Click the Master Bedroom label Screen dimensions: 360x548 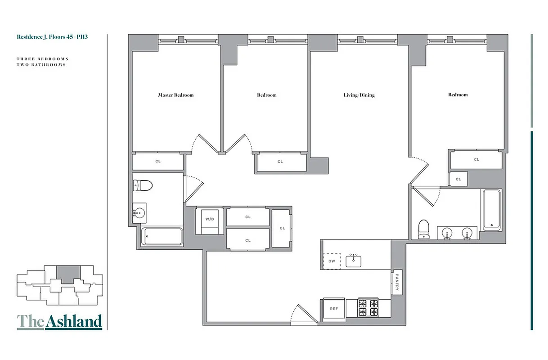(x=175, y=95)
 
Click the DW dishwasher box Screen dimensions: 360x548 (x=332, y=261)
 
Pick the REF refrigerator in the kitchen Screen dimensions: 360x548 (x=334, y=309)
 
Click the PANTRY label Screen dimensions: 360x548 (x=397, y=282)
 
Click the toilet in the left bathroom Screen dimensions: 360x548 (x=144, y=185)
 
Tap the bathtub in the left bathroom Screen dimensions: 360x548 (x=162, y=236)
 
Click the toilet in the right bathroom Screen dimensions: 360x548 (x=423, y=229)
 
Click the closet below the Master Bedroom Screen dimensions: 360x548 (x=158, y=161)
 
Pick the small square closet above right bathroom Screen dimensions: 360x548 (x=458, y=179)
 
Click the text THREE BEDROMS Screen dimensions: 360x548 (x=42, y=59)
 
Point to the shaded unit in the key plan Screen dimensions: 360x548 (x=67, y=274)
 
